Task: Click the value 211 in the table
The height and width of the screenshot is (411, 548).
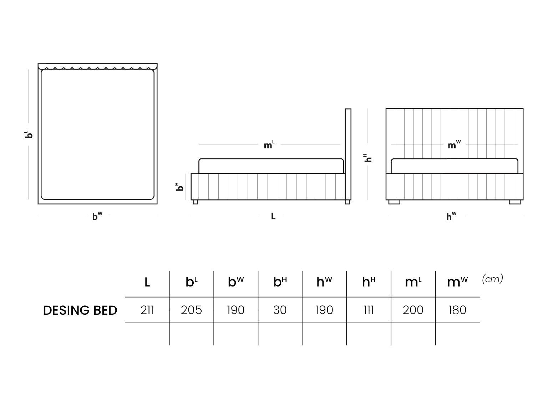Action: [x=147, y=310]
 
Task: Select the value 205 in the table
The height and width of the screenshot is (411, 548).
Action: [x=191, y=310]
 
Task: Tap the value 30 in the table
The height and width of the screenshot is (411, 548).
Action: [x=280, y=310]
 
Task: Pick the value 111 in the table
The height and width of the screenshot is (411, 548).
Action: [x=369, y=310]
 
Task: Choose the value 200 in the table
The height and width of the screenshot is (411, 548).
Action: [x=413, y=310]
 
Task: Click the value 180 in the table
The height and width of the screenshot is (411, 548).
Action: [x=457, y=310]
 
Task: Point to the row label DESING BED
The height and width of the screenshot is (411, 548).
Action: [x=80, y=310]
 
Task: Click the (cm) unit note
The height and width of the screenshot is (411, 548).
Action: [x=492, y=279]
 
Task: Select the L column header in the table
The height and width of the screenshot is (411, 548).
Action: [x=147, y=282]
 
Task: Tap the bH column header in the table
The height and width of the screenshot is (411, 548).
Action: [x=280, y=282]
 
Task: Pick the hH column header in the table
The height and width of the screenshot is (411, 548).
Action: [x=369, y=282]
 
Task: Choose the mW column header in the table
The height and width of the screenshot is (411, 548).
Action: [x=457, y=282]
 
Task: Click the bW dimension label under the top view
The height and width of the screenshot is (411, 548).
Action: [x=97, y=216]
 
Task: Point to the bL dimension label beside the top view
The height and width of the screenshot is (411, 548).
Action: [x=29, y=134]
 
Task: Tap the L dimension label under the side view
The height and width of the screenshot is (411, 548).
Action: [x=273, y=216]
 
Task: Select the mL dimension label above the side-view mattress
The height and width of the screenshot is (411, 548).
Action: [x=269, y=145]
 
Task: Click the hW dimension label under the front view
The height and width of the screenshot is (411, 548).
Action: [x=451, y=216]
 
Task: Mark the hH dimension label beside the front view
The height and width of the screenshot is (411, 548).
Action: [x=368, y=158]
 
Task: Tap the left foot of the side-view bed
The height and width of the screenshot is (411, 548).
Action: [x=196, y=202]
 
